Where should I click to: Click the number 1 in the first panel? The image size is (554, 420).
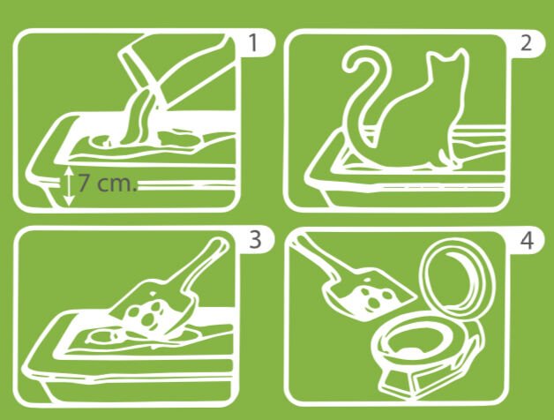pyautogui.click(x=253, y=43)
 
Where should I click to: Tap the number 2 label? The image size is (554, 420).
pyautogui.click(x=526, y=43)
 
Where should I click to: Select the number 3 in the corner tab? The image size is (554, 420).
pyautogui.click(x=255, y=239)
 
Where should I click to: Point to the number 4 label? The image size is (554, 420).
pyautogui.click(x=527, y=241)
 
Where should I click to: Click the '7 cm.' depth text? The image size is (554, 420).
pyautogui.click(x=107, y=183)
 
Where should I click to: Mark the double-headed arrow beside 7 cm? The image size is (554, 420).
pyautogui.click(x=69, y=186)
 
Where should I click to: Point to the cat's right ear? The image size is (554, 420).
pyautogui.click(x=461, y=57)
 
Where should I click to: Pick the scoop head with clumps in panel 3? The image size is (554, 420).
pyautogui.click(x=145, y=312)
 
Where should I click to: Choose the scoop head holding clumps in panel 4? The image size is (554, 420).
pyautogui.click(x=368, y=293)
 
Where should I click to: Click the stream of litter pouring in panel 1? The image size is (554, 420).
pyautogui.click(x=138, y=116)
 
